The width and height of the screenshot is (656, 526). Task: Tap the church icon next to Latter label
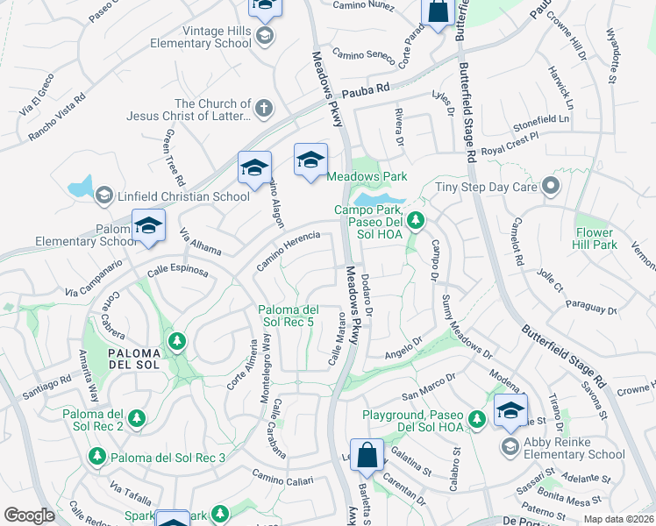click(264, 110)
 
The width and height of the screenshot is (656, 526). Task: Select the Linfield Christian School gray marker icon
click(103, 194)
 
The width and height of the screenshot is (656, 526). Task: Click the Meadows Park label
click(367, 176)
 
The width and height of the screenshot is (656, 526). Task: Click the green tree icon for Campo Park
click(418, 219)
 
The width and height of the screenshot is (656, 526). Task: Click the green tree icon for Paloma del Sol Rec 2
click(136, 420)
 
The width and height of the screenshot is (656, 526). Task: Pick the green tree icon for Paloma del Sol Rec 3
click(97, 457)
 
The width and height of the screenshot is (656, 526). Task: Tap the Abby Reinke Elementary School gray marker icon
click(510, 447)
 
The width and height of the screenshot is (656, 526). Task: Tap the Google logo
click(28, 515)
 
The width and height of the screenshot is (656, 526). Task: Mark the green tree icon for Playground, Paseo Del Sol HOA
click(477, 419)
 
